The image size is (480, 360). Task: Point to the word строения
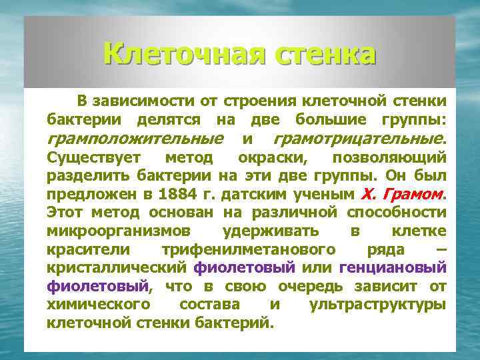pos(261,102)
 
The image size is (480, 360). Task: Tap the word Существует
pos(93,158)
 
